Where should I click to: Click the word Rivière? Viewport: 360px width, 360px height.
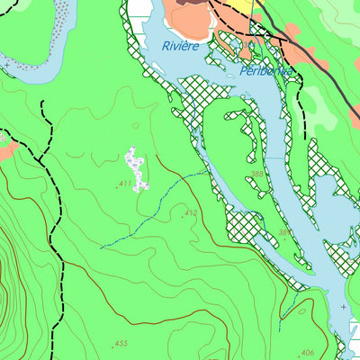point(180,45)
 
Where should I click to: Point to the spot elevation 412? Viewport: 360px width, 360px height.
point(190,213)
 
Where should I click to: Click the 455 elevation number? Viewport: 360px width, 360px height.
point(121,344)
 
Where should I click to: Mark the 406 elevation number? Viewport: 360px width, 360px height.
point(307,353)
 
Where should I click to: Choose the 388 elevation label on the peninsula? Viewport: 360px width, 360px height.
point(257,174)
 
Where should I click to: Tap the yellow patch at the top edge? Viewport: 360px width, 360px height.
point(256,8)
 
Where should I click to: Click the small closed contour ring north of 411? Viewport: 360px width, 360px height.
point(136,126)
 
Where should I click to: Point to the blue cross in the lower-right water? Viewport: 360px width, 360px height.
point(343,307)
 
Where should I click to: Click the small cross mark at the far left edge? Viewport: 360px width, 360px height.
point(6,66)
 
